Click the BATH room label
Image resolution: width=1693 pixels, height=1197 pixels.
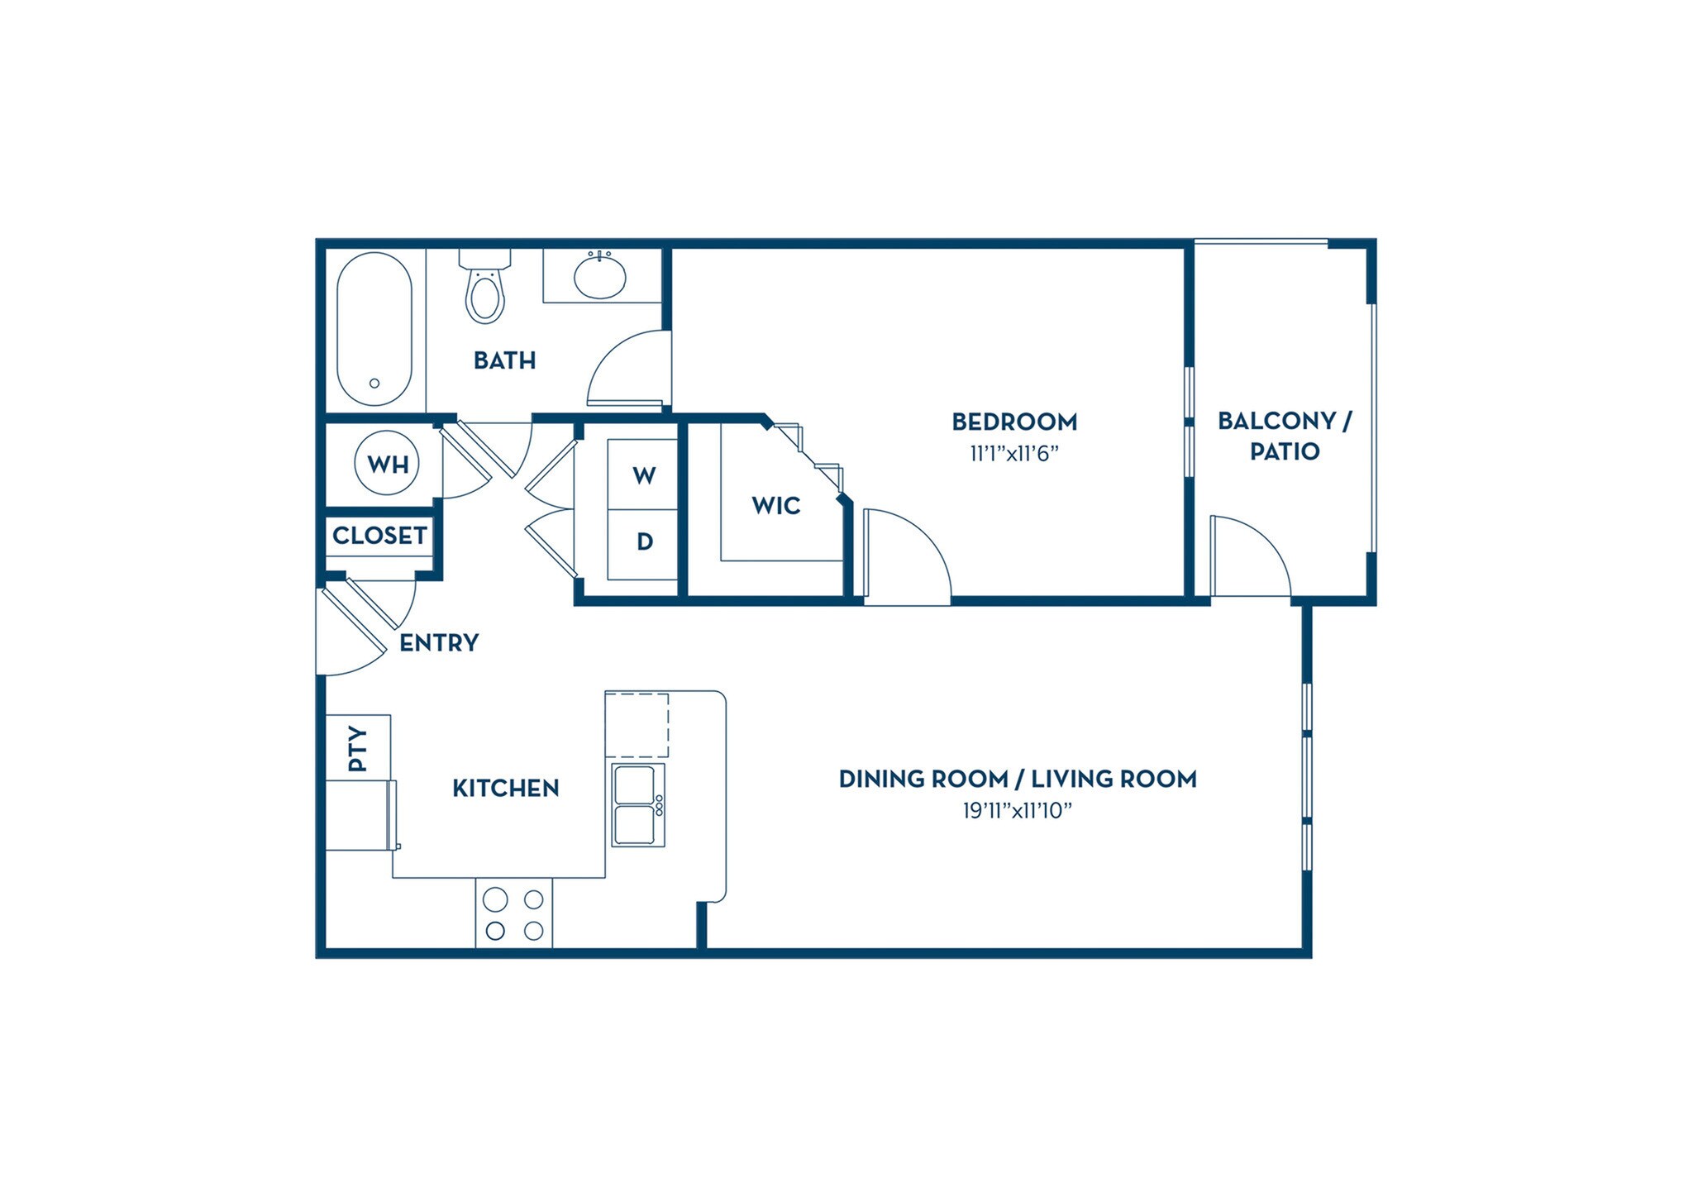pyautogui.click(x=504, y=360)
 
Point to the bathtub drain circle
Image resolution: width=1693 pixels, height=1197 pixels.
pyautogui.click(x=374, y=384)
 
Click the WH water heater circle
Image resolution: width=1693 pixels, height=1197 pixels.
pyautogui.click(x=387, y=464)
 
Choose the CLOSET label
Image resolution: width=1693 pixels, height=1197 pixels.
pyautogui.click(x=379, y=536)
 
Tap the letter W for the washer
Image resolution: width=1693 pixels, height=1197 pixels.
pyautogui.click(x=644, y=475)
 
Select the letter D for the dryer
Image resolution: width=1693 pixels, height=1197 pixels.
pyautogui.click(x=645, y=541)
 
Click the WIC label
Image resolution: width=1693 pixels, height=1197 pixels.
pyautogui.click(x=775, y=505)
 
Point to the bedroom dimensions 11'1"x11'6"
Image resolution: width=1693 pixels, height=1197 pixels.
pyautogui.click(x=1014, y=454)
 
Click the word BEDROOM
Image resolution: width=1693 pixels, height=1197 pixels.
pyautogui.click(x=1014, y=422)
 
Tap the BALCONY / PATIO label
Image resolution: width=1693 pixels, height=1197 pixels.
pyautogui.click(x=1284, y=436)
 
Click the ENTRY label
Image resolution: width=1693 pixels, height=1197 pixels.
pyautogui.click(x=439, y=642)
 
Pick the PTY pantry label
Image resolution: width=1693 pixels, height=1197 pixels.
pyautogui.click(x=357, y=748)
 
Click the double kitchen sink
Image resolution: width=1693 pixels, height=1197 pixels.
pyautogui.click(x=638, y=804)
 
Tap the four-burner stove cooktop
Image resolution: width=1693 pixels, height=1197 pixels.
pyautogui.click(x=513, y=913)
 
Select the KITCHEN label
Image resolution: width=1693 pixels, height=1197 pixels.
pyautogui.click(x=505, y=788)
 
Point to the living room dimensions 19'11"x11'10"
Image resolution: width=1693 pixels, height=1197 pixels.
pyautogui.click(x=1017, y=811)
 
